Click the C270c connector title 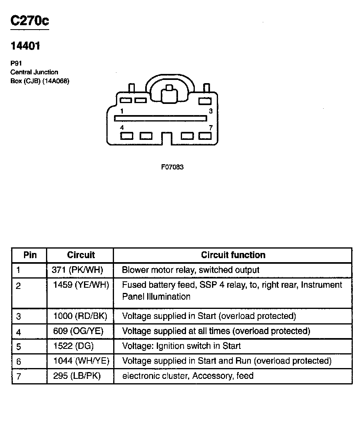click(x=30, y=21)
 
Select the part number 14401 click(x=25, y=46)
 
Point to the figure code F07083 click(x=172, y=167)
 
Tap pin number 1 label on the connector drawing click(x=122, y=111)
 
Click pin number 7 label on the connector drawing click(x=210, y=127)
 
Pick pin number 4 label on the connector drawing click(x=122, y=127)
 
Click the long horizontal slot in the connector click(x=160, y=118)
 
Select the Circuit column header click(x=81, y=255)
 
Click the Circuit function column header click(x=233, y=255)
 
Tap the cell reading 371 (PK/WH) click(x=78, y=270)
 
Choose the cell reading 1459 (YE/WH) click(x=81, y=285)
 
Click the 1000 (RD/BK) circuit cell click(x=80, y=316)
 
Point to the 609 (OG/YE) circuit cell click(x=79, y=331)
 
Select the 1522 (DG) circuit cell click(x=74, y=346)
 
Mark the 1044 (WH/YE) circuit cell click(x=81, y=361)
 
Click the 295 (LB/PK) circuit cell click(x=77, y=376)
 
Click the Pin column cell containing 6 click(x=19, y=362)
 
